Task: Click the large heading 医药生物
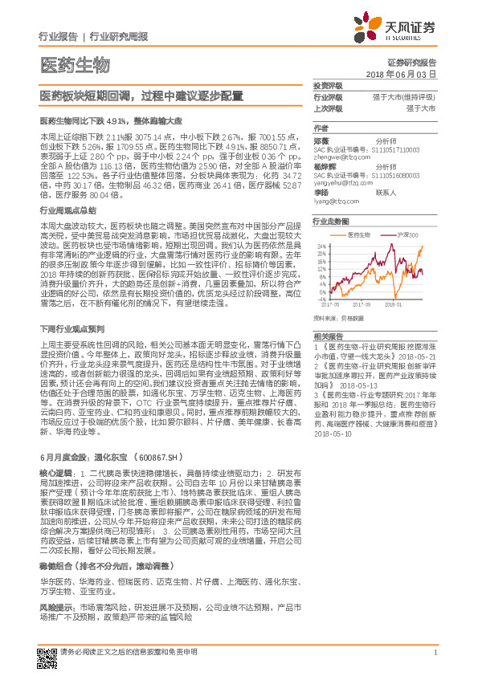[75, 65]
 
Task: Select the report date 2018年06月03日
[411, 73]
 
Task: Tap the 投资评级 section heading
[328, 85]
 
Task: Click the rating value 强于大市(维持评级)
[403, 96]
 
